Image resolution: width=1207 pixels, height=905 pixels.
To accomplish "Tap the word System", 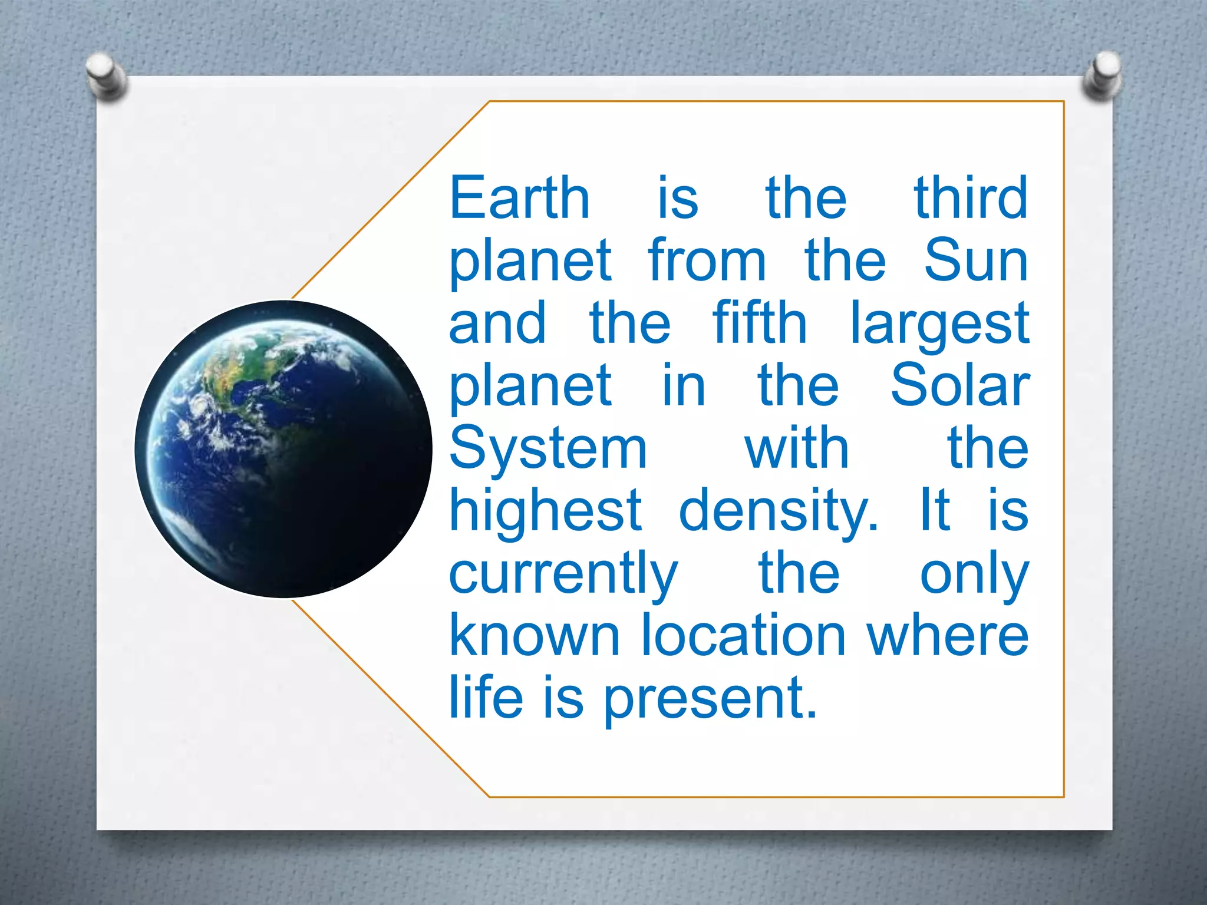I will tap(548, 449).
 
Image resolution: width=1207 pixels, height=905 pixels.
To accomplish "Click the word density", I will tap(778, 511).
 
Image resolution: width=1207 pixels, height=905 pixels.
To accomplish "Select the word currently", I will tap(563, 575).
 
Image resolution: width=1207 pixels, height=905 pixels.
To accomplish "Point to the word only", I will tap(974, 575).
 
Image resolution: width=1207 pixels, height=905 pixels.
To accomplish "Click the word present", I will tap(711, 700).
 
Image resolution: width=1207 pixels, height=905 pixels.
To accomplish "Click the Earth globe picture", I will tap(283, 449).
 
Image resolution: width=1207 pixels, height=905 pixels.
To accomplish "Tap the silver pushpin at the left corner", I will tap(105, 76).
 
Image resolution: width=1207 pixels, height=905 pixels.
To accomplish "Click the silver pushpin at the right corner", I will tap(1103, 76).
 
